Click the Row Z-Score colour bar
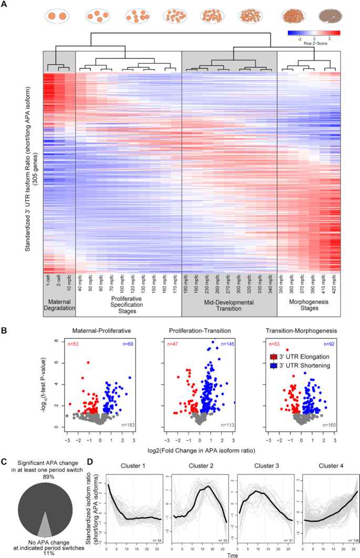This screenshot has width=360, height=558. (314, 33)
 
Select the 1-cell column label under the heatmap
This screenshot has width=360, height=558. (48, 282)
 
